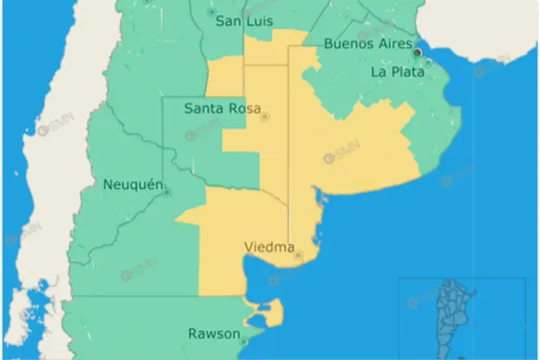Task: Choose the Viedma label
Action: (x=269, y=245)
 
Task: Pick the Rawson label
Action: (x=214, y=334)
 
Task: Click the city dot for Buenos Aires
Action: (x=418, y=52)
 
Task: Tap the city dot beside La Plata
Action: (x=428, y=62)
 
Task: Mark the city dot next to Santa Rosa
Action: (x=265, y=117)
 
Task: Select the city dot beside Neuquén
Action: (x=167, y=192)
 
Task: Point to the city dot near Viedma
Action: (x=299, y=256)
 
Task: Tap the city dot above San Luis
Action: (x=211, y=13)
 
